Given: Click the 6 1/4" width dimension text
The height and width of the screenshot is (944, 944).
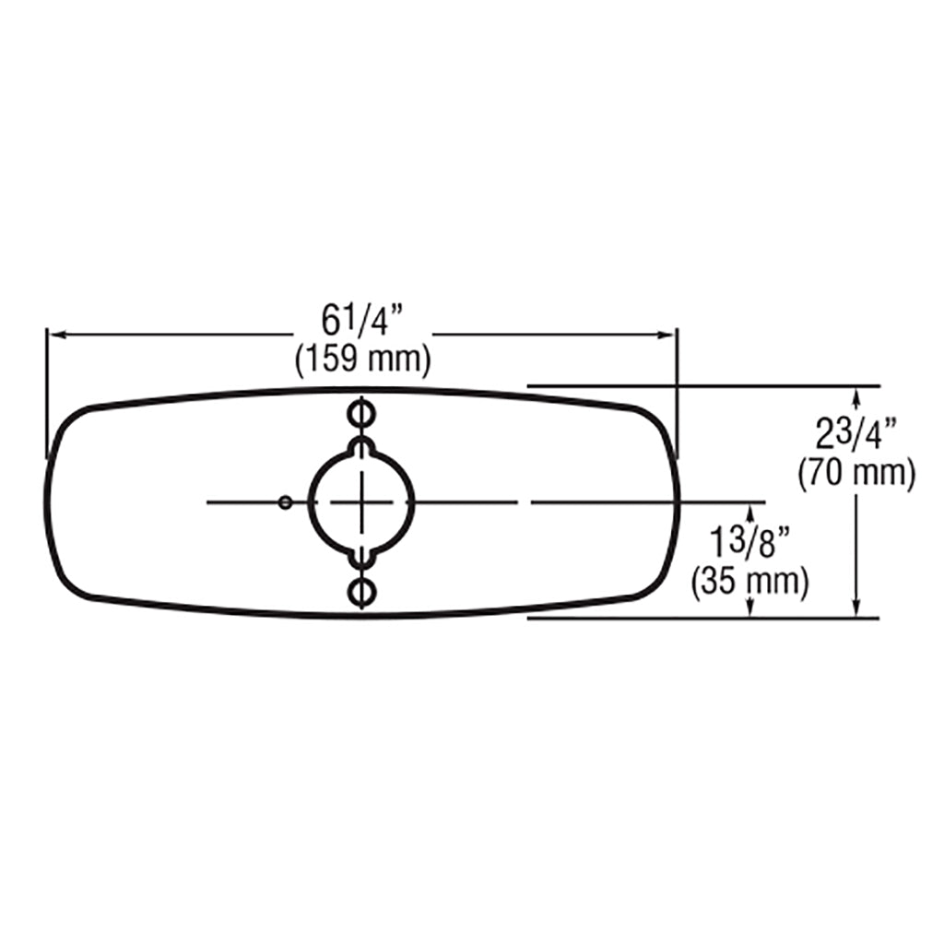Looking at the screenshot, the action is pyautogui.click(x=361, y=322).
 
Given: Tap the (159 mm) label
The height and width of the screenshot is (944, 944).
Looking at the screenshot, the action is pyautogui.click(x=363, y=360).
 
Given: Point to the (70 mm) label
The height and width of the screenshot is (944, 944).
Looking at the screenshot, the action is pyautogui.click(x=856, y=473).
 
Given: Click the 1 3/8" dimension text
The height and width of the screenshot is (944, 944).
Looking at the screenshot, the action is pyautogui.click(x=750, y=541).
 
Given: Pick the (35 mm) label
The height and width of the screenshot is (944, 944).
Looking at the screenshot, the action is pyautogui.click(x=750, y=582).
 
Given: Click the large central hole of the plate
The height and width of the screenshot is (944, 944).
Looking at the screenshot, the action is pyautogui.click(x=361, y=501).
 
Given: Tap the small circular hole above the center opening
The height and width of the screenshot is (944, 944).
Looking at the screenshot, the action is pyautogui.click(x=361, y=414).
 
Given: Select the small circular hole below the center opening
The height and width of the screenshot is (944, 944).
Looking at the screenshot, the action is pyautogui.click(x=361, y=592).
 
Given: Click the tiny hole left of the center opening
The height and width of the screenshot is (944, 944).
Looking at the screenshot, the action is pyautogui.click(x=286, y=502).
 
